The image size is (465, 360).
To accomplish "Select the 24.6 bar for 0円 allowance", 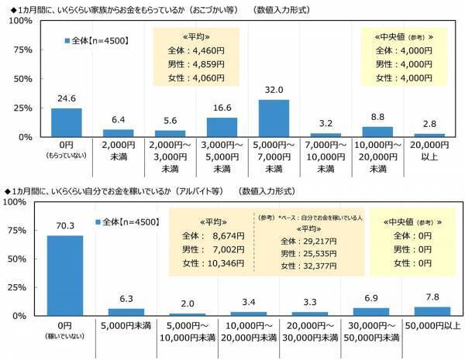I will click(67, 122).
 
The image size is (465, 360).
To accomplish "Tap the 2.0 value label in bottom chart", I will click(186, 303).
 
